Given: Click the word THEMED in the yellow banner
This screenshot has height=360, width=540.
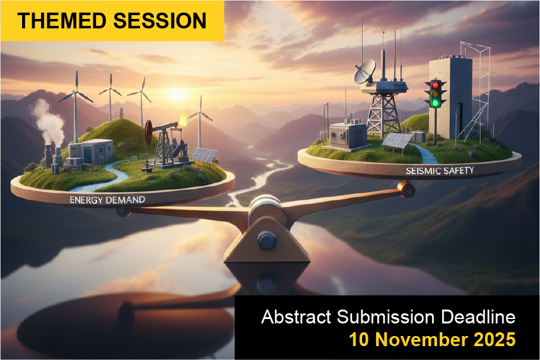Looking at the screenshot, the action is [x=62, y=21].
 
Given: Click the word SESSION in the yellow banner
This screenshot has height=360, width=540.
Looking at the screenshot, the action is [x=160, y=21].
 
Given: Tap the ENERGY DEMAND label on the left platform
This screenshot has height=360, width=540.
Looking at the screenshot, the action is [x=107, y=200].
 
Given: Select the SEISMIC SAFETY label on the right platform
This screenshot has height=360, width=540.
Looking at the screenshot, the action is [x=440, y=170].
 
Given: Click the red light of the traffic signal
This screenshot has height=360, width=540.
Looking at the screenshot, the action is [x=436, y=85].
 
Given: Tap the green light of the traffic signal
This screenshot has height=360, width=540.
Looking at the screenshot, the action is [x=436, y=103].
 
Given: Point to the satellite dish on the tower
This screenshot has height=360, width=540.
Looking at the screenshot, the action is [x=365, y=71].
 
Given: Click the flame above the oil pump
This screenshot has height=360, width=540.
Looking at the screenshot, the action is [x=183, y=119].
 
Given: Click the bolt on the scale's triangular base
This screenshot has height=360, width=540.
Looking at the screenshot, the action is [x=267, y=240].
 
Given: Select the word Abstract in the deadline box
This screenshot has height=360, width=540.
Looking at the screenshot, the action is [x=296, y=316].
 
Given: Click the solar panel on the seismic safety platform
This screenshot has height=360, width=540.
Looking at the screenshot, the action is [x=397, y=141].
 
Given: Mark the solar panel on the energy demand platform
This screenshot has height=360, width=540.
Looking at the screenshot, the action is [x=204, y=155].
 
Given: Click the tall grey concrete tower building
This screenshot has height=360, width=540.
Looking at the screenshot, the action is [x=450, y=98].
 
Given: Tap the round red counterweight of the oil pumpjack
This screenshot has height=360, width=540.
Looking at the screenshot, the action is [x=148, y=132].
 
